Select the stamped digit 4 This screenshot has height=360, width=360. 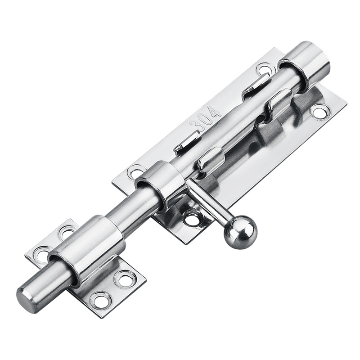pyautogui.click(x=216, y=110)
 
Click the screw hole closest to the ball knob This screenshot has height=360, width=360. pyautogui.click(x=193, y=219)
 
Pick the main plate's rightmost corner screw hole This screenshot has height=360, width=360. pyautogui.click(x=320, y=111)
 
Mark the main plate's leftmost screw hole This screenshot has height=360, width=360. pyautogui.click(x=135, y=171)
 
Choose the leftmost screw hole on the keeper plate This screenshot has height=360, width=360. pyautogui.click(x=42, y=255)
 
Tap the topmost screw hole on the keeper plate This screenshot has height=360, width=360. pyautogui.click(x=67, y=232)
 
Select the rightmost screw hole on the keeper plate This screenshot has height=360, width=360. pyautogui.click(x=124, y=278)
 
